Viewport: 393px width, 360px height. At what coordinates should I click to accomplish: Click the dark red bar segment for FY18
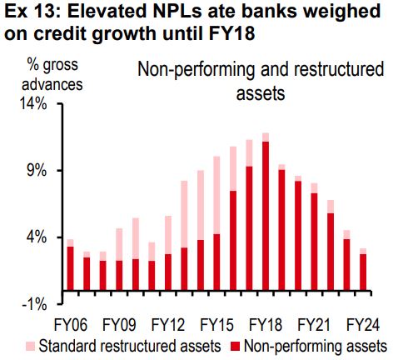point(266,216)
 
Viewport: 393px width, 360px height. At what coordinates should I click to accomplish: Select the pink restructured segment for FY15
point(216,195)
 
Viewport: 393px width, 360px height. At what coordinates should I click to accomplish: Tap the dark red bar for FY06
point(71,268)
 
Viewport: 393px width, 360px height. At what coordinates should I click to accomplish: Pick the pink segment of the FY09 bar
point(119,245)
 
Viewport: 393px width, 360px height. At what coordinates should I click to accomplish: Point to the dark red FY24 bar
point(363,272)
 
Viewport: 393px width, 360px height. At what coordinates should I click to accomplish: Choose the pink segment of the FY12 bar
point(168,235)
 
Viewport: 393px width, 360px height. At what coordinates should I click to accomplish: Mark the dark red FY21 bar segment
point(314,242)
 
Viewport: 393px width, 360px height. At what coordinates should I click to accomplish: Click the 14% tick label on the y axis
point(32,104)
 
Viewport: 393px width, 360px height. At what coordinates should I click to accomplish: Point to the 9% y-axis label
point(37,171)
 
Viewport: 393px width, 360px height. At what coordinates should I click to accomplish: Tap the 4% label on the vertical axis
point(37,237)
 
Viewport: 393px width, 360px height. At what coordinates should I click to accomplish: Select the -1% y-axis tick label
point(34,304)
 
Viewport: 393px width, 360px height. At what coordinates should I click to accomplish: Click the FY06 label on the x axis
point(71,325)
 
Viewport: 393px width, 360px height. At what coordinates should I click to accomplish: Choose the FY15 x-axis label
point(216,325)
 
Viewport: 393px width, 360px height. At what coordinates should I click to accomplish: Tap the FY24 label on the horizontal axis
point(363,325)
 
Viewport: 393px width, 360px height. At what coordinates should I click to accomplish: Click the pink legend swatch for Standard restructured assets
point(31,347)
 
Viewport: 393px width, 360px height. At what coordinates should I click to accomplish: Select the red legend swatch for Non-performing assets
point(236,347)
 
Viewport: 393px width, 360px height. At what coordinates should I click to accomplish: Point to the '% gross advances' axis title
point(52,74)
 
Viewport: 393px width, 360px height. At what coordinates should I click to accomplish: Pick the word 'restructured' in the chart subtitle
point(339,69)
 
